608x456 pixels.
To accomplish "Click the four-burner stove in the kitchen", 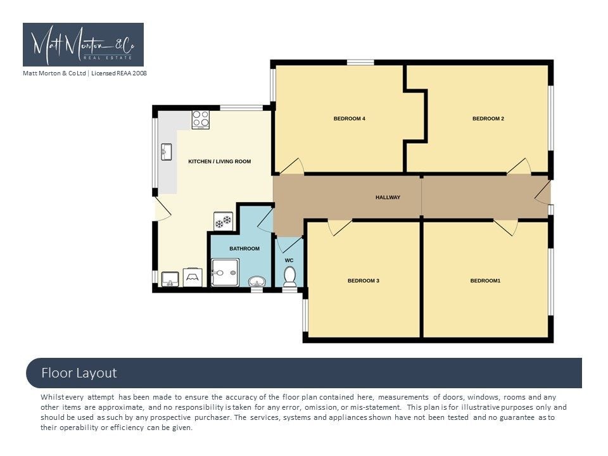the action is (201, 120).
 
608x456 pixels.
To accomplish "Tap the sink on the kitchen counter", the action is (167, 151).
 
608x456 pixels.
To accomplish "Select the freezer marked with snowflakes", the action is (224, 222).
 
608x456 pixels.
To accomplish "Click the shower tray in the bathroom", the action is (225, 272).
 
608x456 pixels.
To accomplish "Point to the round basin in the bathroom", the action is (256, 281).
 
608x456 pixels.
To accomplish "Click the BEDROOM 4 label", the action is (350, 118).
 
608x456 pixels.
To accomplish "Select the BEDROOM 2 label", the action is (488, 118).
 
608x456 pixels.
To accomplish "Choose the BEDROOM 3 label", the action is (364, 281).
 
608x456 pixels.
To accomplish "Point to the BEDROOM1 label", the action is (486, 281).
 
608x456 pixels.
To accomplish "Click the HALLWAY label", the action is (388, 198).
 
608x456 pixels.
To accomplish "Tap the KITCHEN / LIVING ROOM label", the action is (220, 161).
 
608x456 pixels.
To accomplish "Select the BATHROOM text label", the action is (244, 248).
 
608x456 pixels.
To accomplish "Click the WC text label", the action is (289, 260).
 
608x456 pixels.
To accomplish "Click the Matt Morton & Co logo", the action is (84, 44).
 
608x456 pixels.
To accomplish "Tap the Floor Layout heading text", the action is (79, 373).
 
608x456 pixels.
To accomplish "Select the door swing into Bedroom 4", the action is (291, 166).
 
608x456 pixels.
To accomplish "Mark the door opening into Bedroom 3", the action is (340, 227).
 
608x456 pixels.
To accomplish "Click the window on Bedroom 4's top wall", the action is (360, 63).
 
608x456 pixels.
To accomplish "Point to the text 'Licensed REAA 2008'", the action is (119, 73).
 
